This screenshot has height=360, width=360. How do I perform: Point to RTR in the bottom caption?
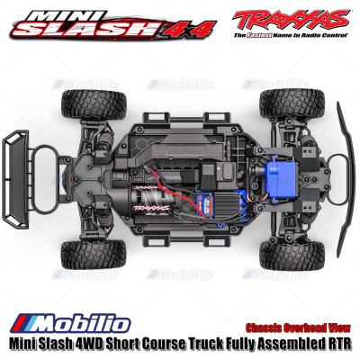coord(340,343)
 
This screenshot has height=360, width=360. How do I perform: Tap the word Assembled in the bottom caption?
coord(289,343)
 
